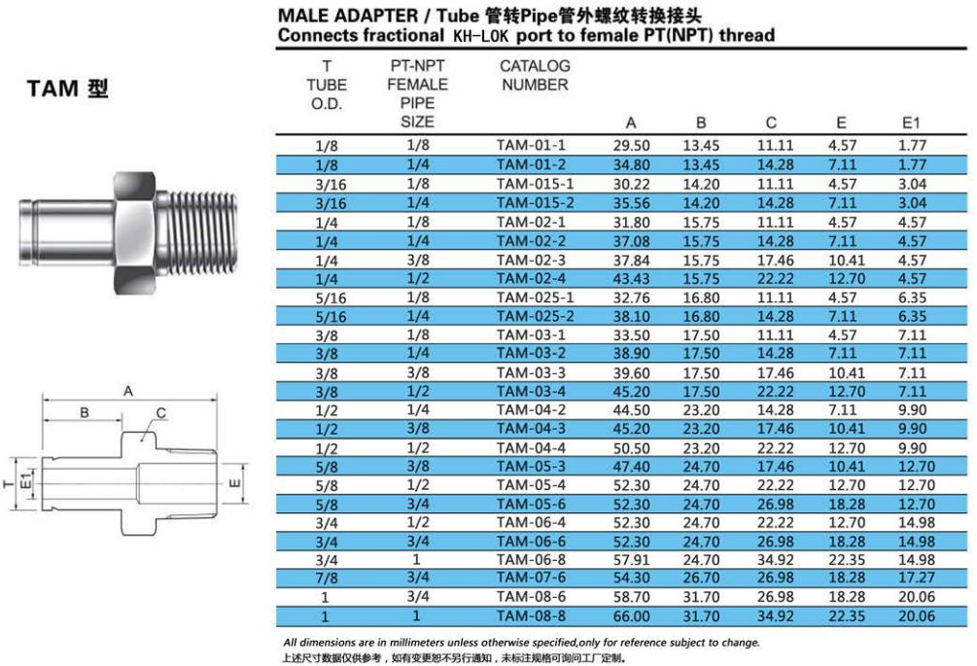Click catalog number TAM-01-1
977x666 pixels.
click(x=531, y=145)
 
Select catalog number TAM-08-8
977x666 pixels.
click(x=531, y=616)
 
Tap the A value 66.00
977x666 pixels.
click(x=631, y=616)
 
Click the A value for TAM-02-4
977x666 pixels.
click(x=631, y=278)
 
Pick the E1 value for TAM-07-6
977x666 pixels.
click(x=917, y=578)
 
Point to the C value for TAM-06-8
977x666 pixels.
click(x=775, y=559)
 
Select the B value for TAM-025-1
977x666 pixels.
click(x=701, y=298)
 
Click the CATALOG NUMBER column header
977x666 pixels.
click(x=535, y=76)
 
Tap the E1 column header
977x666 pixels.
click(x=910, y=123)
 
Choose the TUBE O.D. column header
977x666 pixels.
click(x=327, y=85)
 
